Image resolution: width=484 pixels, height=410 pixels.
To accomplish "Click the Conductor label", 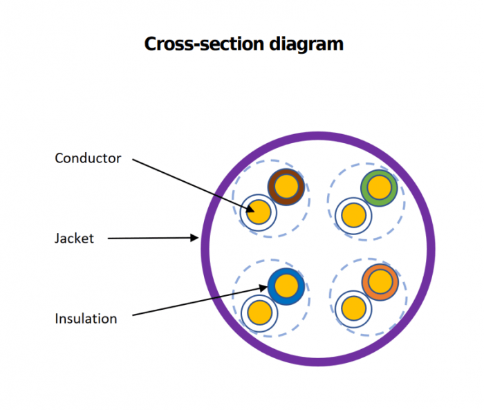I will [x=88, y=158].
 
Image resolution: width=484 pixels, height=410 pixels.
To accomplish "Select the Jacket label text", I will [x=74, y=239].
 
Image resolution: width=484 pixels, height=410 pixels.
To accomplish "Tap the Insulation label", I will [x=86, y=319].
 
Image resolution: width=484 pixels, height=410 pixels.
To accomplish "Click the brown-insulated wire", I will [x=286, y=186].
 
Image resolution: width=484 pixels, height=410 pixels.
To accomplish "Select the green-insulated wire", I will [x=379, y=187].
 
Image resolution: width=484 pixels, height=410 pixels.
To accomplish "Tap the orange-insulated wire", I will [x=380, y=282].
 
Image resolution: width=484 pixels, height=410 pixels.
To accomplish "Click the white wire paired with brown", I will [x=259, y=212].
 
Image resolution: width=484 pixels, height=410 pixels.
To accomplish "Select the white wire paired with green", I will [x=353, y=213].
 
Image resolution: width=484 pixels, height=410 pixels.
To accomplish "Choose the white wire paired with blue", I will [x=259, y=311].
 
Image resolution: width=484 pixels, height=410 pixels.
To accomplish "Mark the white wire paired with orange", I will [x=353, y=307].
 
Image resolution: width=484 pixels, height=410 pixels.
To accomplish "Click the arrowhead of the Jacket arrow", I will [x=196, y=238].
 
